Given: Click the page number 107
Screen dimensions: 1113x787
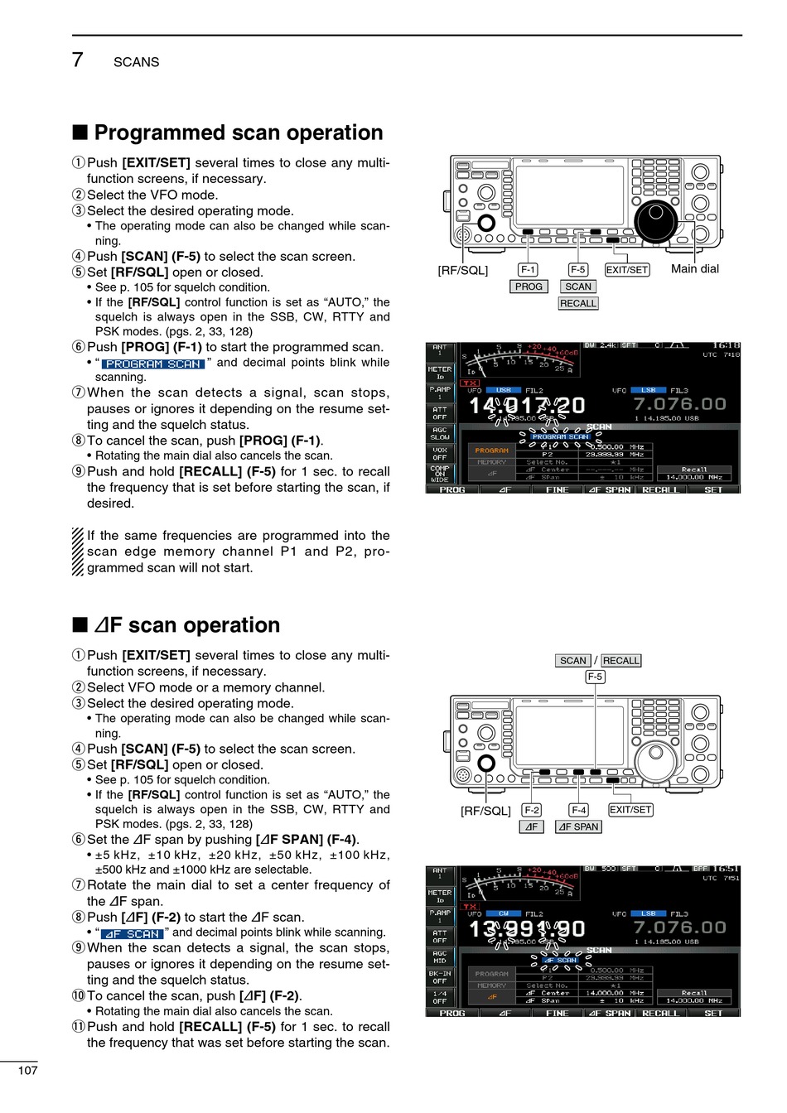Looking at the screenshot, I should (x=27, y=1071).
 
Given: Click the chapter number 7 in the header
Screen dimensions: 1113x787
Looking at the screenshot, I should (x=77, y=60).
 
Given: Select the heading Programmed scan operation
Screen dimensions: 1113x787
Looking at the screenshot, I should (x=238, y=133).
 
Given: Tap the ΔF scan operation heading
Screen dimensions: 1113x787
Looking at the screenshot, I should (x=186, y=625).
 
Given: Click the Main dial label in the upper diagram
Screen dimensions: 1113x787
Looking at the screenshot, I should (x=694, y=269).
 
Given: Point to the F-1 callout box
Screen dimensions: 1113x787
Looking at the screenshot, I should (x=528, y=270).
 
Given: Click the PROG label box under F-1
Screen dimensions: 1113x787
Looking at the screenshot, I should (x=528, y=287).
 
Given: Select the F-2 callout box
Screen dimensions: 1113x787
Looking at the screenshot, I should (x=531, y=810).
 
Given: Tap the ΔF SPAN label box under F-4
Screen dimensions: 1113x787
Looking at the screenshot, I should (x=578, y=826).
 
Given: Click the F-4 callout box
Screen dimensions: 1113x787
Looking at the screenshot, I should (x=578, y=810).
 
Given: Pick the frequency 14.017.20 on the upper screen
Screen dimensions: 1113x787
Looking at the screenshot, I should (x=527, y=406).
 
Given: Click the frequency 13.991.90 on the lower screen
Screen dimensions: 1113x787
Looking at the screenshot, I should (x=527, y=929).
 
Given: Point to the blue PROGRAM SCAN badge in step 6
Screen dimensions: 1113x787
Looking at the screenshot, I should (x=153, y=364).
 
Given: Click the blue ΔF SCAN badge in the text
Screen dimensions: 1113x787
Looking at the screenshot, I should (x=132, y=933).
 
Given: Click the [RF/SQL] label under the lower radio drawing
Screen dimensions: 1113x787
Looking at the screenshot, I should (x=485, y=811).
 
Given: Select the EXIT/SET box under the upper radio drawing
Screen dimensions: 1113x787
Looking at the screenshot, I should (x=626, y=270).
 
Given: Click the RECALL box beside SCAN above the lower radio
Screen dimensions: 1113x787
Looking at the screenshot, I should (x=620, y=661).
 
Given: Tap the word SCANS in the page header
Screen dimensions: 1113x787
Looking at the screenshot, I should (x=136, y=62).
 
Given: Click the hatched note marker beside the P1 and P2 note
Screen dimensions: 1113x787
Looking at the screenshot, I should (x=77, y=552).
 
